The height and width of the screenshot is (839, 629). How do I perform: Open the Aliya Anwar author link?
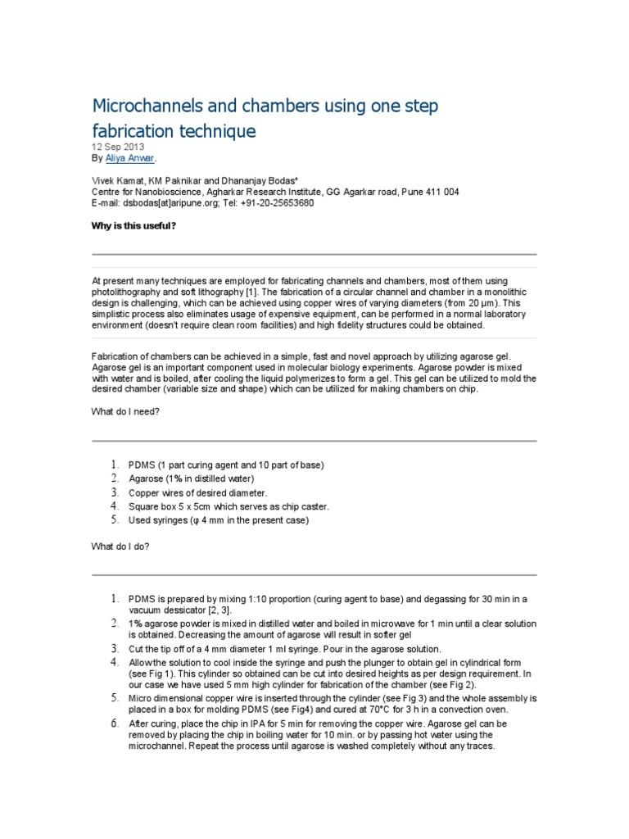click(x=130, y=157)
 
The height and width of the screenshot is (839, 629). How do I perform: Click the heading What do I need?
click(x=124, y=412)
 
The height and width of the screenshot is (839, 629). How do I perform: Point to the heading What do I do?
click(x=120, y=545)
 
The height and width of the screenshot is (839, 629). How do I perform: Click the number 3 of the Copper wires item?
click(x=115, y=492)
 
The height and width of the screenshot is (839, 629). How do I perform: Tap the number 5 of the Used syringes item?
click(x=115, y=520)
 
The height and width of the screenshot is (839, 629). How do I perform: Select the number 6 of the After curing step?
click(x=115, y=724)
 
